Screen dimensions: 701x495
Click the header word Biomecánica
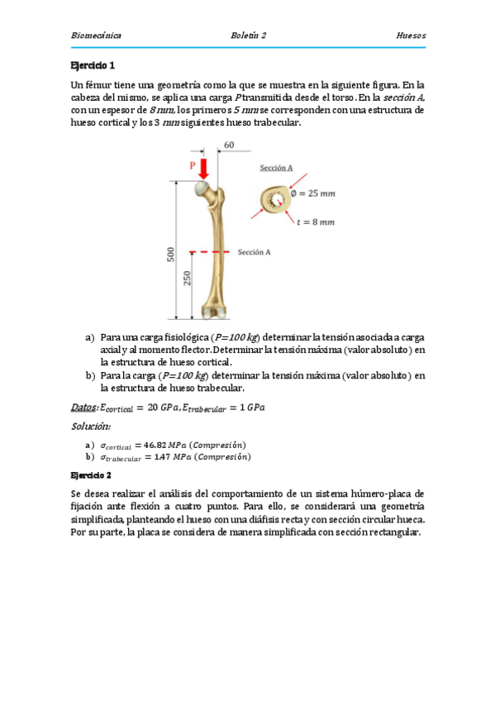(x=96, y=36)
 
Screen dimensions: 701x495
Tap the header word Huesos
(x=411, y=36)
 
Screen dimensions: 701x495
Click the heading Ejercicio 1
(x=93, y=65)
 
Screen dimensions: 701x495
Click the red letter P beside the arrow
(x=193, y=165)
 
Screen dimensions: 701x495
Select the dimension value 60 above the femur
(x=229, y=145)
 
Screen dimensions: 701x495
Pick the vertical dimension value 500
(x=171, y=255)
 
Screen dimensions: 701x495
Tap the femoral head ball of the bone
(x=201, y=188)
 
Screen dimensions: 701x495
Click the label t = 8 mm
(x=315, y=222)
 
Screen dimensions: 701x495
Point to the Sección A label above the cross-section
(x=276, y=168)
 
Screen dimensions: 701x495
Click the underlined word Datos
(x=84, y=407)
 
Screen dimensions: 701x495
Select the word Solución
(x=91, y=426)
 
